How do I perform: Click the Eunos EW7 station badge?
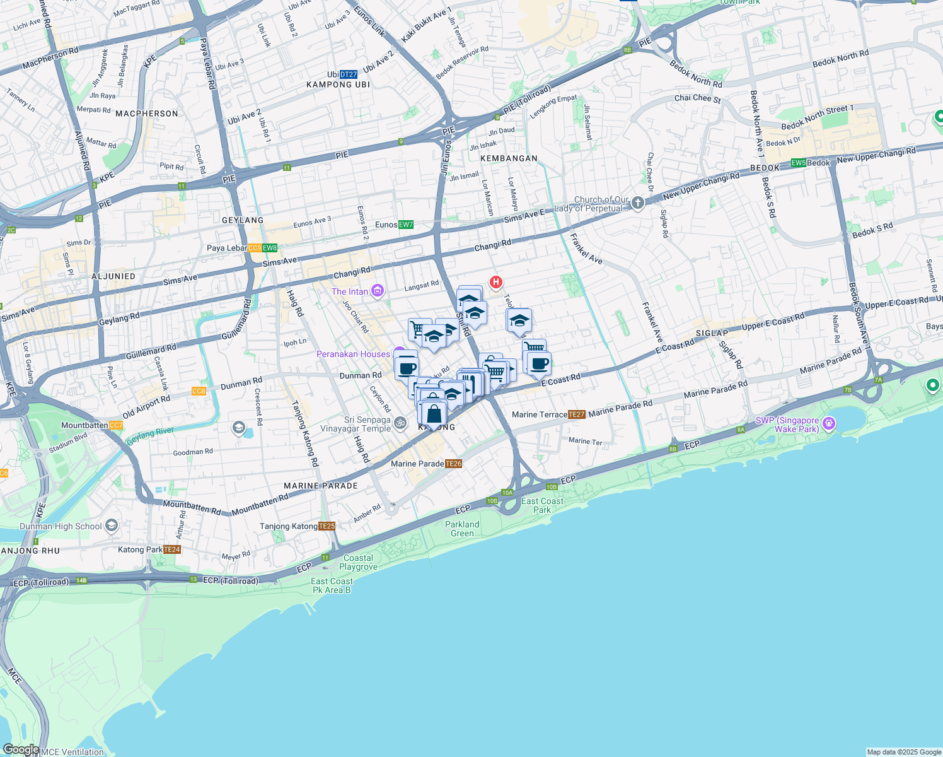[x=406, y=225]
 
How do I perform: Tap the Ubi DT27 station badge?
[x=348, y=74]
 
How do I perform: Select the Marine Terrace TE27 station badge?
[x=577, y=414]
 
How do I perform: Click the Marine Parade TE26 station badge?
[x=453, y=464]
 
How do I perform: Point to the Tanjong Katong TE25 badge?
[x=327, y=526]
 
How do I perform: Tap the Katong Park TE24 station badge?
[x=172, y=549]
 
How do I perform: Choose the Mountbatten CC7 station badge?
[x=116, y=425]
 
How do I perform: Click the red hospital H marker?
[x=496, y=282]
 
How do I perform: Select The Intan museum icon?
[x=378, y=291]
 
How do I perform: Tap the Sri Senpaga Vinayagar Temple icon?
[x=400, y=423]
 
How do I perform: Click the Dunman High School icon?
[x=112, y=525]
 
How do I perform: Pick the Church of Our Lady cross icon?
[x=638, y=202]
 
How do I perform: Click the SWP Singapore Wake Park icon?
[x=829, y=423]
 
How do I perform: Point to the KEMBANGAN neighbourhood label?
[x=509, y=158]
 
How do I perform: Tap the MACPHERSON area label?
[x=147, y=114]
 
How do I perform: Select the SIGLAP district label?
[x=712, y=333]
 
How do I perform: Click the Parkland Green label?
[x=462, y=529]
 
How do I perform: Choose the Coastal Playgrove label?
[x=358, y=562]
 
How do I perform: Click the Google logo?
[x=21, y=749]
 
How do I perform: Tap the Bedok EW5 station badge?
[x=799, y=163]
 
